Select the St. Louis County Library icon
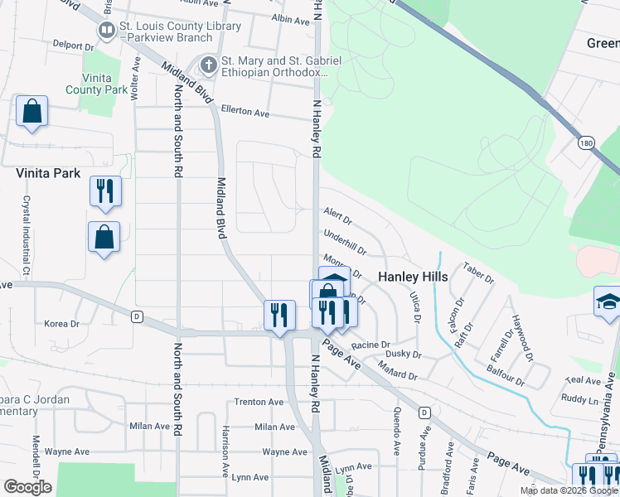107,31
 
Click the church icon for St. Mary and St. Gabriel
208,63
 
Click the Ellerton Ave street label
245,112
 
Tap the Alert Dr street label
337,217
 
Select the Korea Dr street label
61,324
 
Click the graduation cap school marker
608,301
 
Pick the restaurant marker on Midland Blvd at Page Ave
279,315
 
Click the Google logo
27,486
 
